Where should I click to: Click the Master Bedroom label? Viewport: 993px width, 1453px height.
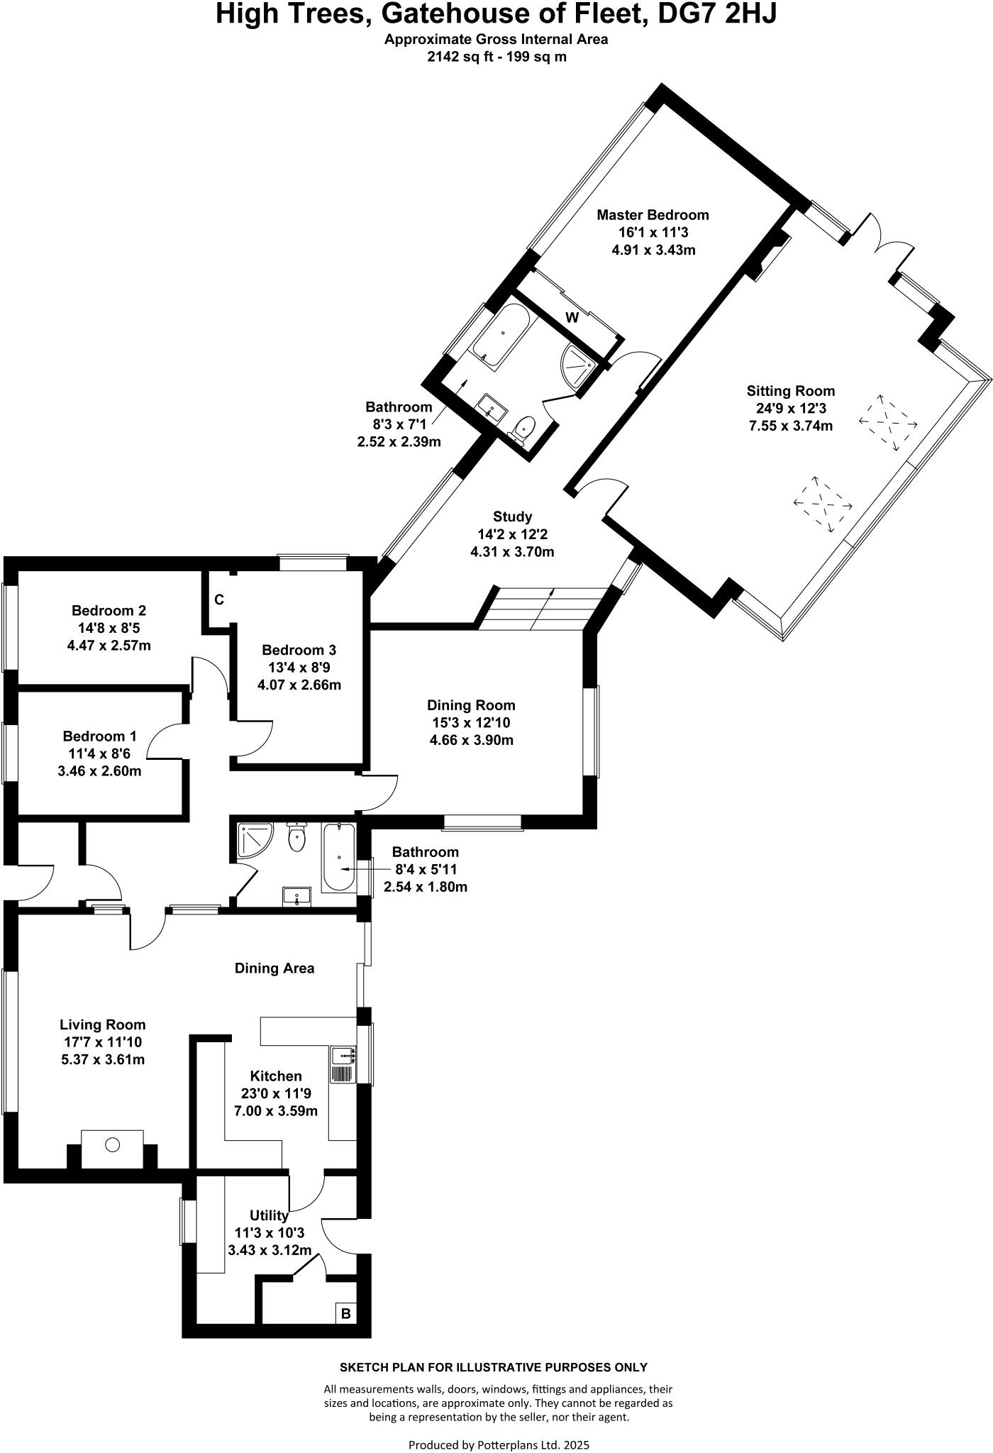(x=653, y=215)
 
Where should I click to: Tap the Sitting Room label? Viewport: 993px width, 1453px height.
(x=790, y=391)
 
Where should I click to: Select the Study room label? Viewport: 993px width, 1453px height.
(x=512, y=517)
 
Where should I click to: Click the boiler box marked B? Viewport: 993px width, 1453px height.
(x=345, y=1314)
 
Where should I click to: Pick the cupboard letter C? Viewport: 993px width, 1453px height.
(x=219, y=600)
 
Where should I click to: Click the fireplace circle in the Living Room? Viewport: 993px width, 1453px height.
(x=113, y=1144)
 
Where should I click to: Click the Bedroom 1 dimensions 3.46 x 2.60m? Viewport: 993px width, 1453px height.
(x=99, y=771)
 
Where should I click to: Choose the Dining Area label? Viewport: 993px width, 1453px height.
(x=274, y=968)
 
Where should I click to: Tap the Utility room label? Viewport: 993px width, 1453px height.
(x=269, y=1216)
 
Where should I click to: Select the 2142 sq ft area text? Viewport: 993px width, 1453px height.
(x=461, y=57)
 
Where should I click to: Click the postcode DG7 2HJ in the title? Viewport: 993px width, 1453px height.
(x=717, y=14)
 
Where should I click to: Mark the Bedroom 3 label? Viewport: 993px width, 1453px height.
(x=299, y=650)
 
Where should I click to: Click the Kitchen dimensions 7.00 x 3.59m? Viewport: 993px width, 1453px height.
(x=276, y=1111)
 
